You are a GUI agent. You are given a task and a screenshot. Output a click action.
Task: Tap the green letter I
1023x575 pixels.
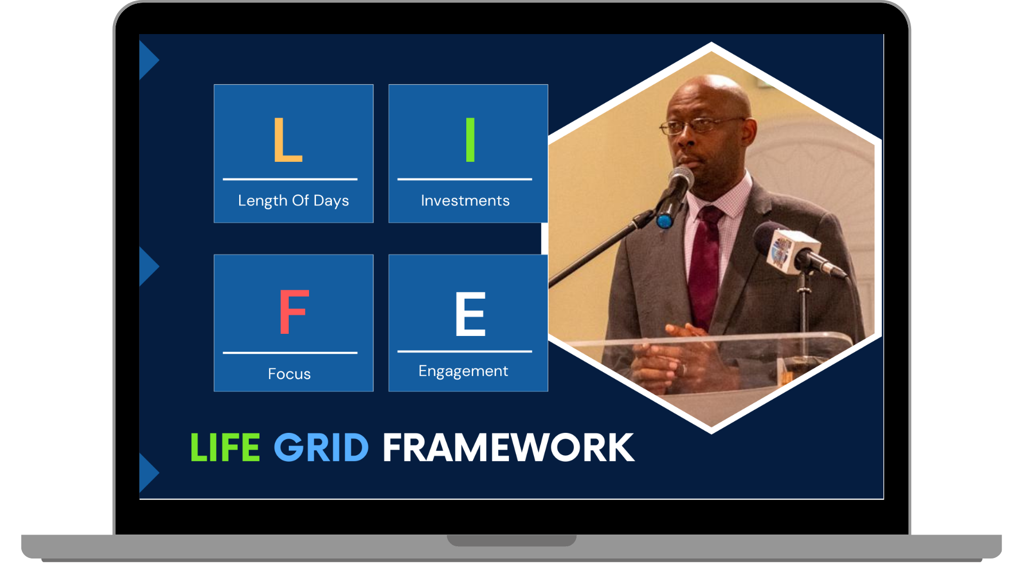click(x=470, y=139)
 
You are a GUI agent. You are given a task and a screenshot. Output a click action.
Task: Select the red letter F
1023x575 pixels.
click(x=294, y=312)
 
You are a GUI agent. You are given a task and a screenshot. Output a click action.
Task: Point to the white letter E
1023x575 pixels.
click(x=470, y=314)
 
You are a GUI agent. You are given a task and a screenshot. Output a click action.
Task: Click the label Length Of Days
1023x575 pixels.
click(x=294, y=201)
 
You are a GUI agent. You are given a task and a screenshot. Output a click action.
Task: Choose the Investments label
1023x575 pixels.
click(x=465, y=201)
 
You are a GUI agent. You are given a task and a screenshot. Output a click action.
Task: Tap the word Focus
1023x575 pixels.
click(x=289, y=374)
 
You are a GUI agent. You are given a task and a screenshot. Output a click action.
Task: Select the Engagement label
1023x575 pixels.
click(x=463, y=371)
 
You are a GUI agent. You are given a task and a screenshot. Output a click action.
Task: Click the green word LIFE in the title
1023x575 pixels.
click(x=225, y=447)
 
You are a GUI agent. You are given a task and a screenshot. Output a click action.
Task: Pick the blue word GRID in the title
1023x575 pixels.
click(x=321, y=447)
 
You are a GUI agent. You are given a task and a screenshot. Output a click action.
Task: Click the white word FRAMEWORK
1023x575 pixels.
click(x=508, y=447)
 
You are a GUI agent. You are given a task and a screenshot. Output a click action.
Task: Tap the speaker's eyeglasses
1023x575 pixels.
click(x=702, y=125)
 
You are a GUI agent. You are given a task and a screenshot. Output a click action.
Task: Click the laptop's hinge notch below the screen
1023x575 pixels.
click(x=511, y=540)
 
